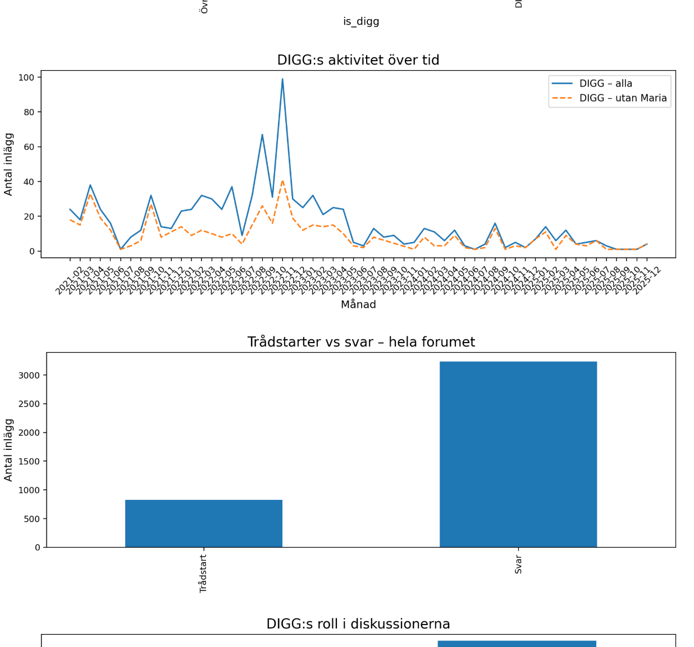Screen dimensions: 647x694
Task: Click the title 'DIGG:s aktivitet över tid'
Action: [x=358, y=60]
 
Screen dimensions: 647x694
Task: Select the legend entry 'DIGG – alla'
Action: [x=605, y=84]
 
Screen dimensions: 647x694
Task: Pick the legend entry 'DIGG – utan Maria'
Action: [x=623, y=98]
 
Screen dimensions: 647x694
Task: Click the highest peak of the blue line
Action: [x=282, y=79]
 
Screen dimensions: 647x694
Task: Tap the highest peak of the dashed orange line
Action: [x=282, y=181]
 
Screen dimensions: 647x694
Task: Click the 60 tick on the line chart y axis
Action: [x=28, y=147]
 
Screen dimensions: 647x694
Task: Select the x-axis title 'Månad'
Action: [x=358, y=304]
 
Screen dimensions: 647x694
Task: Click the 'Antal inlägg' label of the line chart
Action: [x=8, y=164]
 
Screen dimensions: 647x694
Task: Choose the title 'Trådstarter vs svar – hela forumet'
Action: [x=361, y=342]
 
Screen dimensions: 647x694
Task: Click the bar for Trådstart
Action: [x=203, y=523]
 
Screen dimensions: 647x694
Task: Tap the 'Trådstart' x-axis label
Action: [x=203, y=573]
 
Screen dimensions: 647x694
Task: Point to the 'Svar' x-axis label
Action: [x=518, y=564]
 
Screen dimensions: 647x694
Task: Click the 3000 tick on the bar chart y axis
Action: [x=29, y=375]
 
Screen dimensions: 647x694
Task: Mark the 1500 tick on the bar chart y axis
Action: [x=29, y=461]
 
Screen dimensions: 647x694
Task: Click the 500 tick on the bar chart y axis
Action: [x=32, y=519]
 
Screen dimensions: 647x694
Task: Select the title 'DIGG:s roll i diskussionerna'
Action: [x=358, y=624]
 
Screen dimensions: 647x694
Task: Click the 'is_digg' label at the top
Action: [x=361, y=21]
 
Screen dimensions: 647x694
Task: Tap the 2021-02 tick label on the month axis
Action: [x=68, y=280]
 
